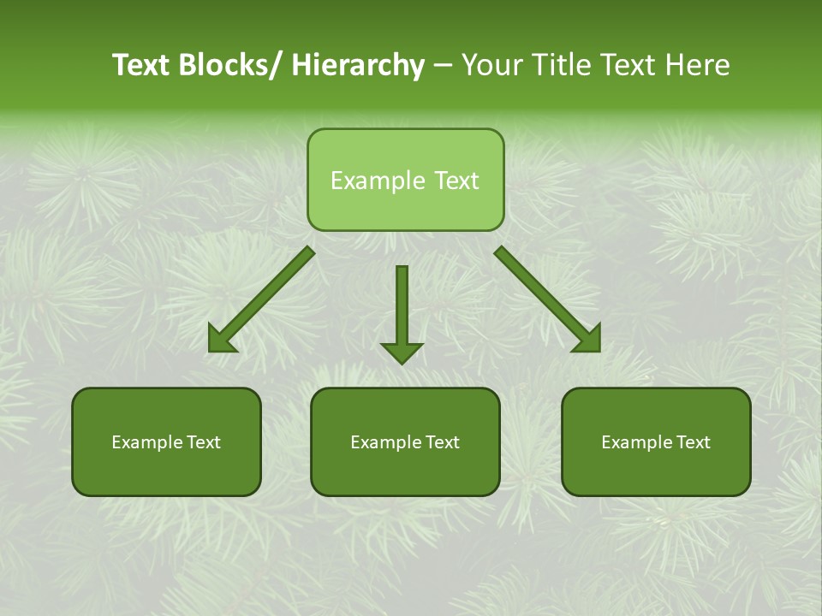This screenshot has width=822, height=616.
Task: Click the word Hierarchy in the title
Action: [x=358, y=65]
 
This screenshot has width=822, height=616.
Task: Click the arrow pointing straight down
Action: [x=402, y=312]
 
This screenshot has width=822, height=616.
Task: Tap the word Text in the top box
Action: [x=455, y=181]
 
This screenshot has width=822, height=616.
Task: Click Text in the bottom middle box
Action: [x=442, y=442]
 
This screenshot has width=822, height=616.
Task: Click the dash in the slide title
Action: [x=443, y=66]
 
